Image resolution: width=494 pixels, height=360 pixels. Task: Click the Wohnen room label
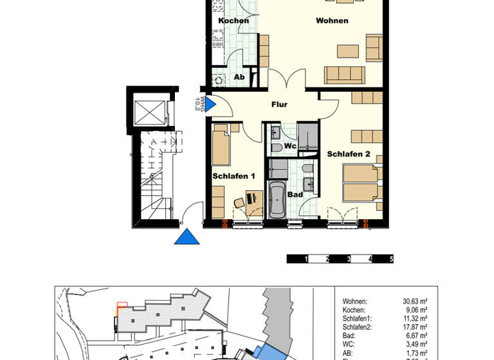tap(332, 21)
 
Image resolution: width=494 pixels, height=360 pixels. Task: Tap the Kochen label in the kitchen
tap(233, 21)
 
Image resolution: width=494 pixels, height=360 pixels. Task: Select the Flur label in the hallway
tap(279, 104)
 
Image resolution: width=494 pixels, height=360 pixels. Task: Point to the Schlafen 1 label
tap(234, 175)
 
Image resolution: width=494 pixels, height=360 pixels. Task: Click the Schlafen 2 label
tap(349, 154)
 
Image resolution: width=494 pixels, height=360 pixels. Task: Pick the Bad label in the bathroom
tap(295, 194)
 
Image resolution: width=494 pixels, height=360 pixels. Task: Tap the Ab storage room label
tap(239, 77)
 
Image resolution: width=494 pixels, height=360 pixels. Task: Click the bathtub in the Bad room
tap(277, 201)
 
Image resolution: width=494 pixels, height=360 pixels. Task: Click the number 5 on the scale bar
tap(391, 259)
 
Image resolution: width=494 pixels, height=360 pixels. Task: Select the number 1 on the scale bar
tap(306, 259)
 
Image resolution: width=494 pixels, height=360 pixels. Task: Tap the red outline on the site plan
tap(122, 306)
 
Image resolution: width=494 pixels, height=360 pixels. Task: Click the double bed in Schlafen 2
tap(361, 183)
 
